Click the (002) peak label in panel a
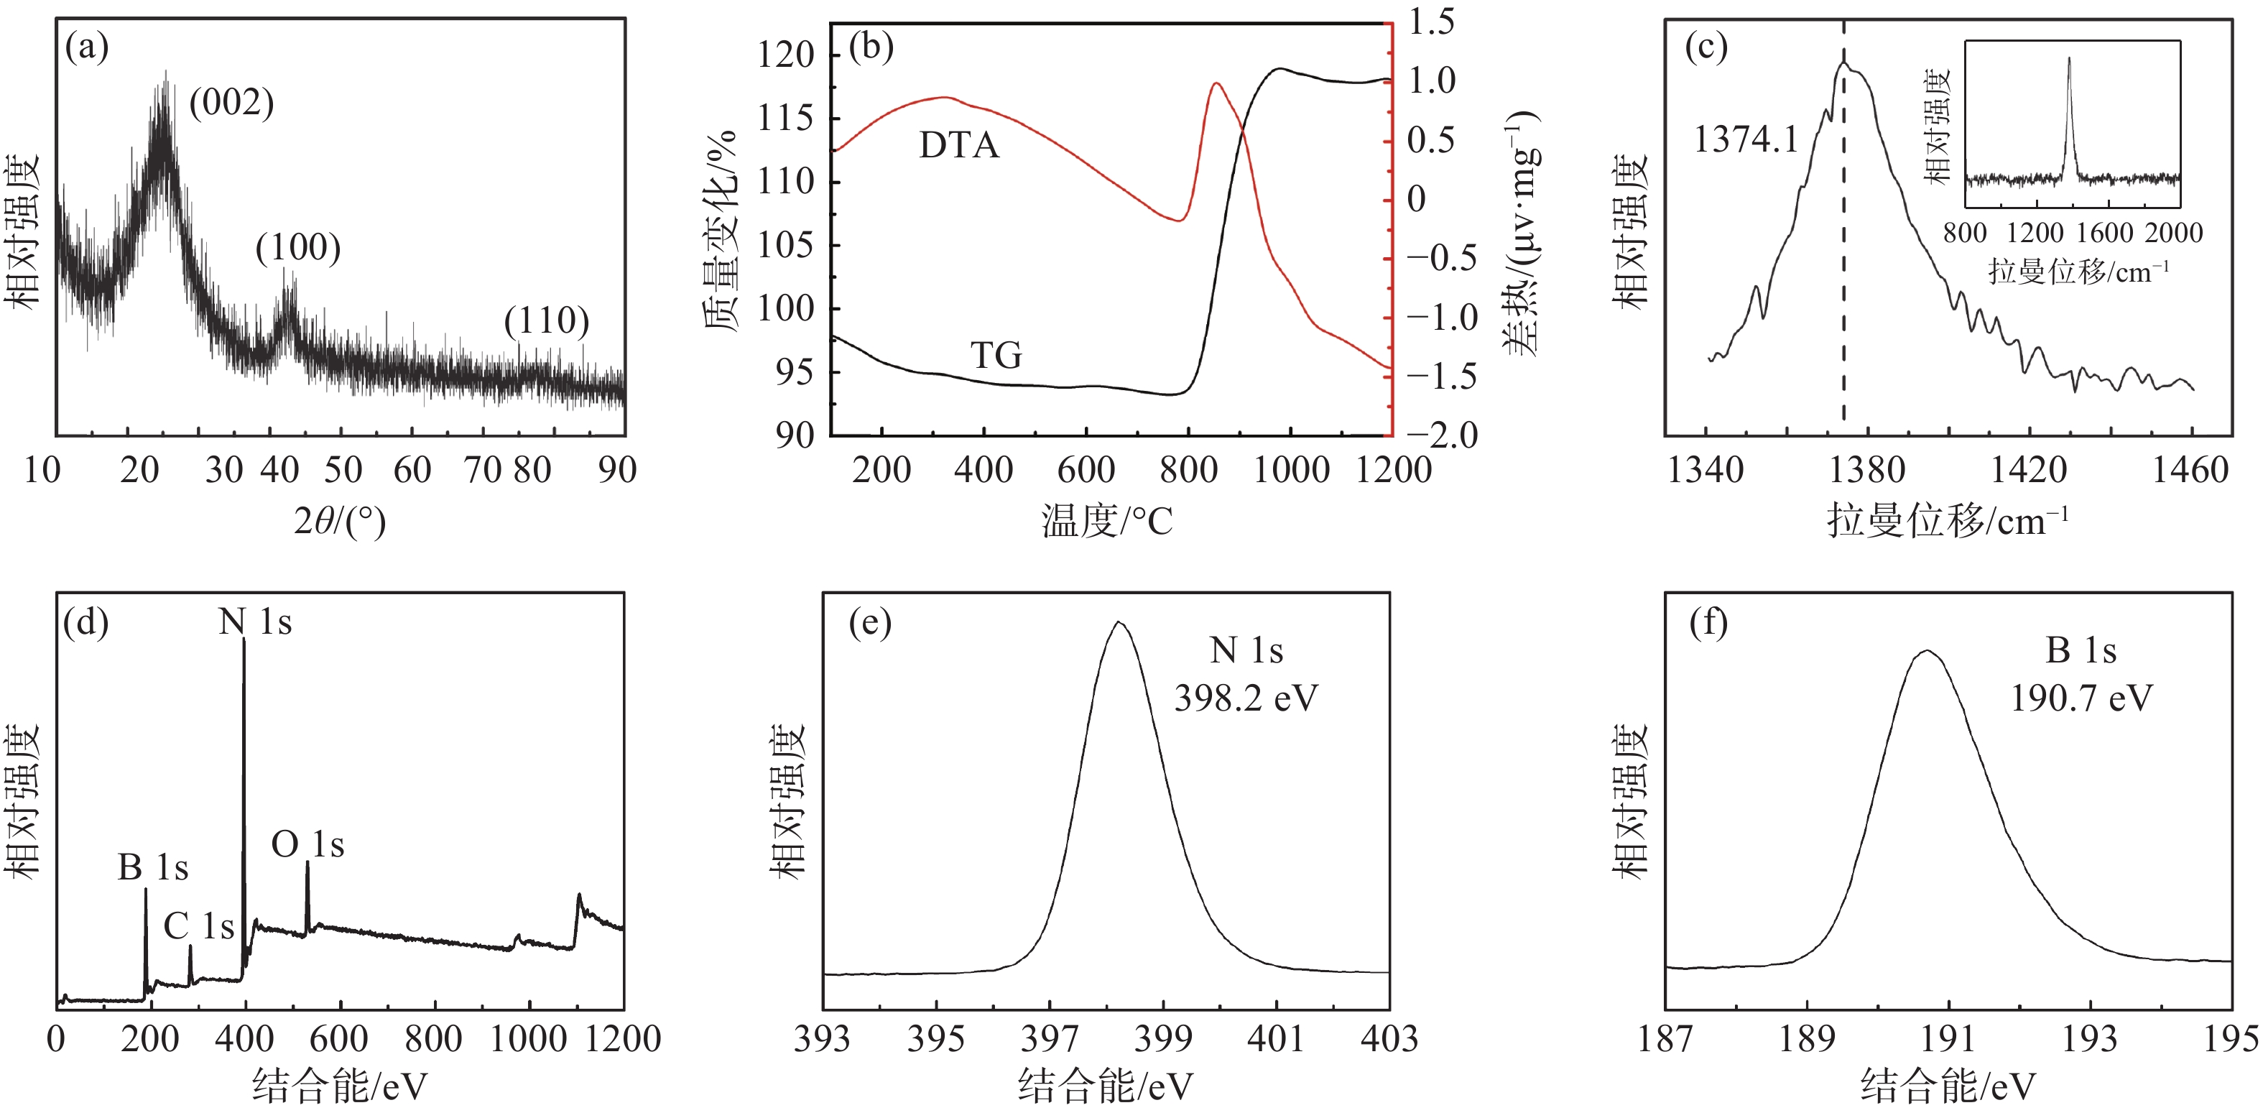click(232, 103)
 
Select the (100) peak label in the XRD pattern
click(298, 248)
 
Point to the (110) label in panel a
click(547, 320)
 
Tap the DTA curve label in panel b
click(958, 145)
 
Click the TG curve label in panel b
click(996, 355)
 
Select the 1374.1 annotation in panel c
click(1746, 139)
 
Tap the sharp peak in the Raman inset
click(2069, 60)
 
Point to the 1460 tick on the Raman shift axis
click(2190, 471)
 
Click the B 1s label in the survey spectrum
click(153, 868)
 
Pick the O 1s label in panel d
click(307, 845)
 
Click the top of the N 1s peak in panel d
click(244, 641)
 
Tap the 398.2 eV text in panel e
click(1246, 698)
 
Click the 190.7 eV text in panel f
click(2081, 698)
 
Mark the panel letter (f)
click(1708, 623)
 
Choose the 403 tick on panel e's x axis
click(1389, 1039)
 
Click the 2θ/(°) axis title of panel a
click(339, 522)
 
